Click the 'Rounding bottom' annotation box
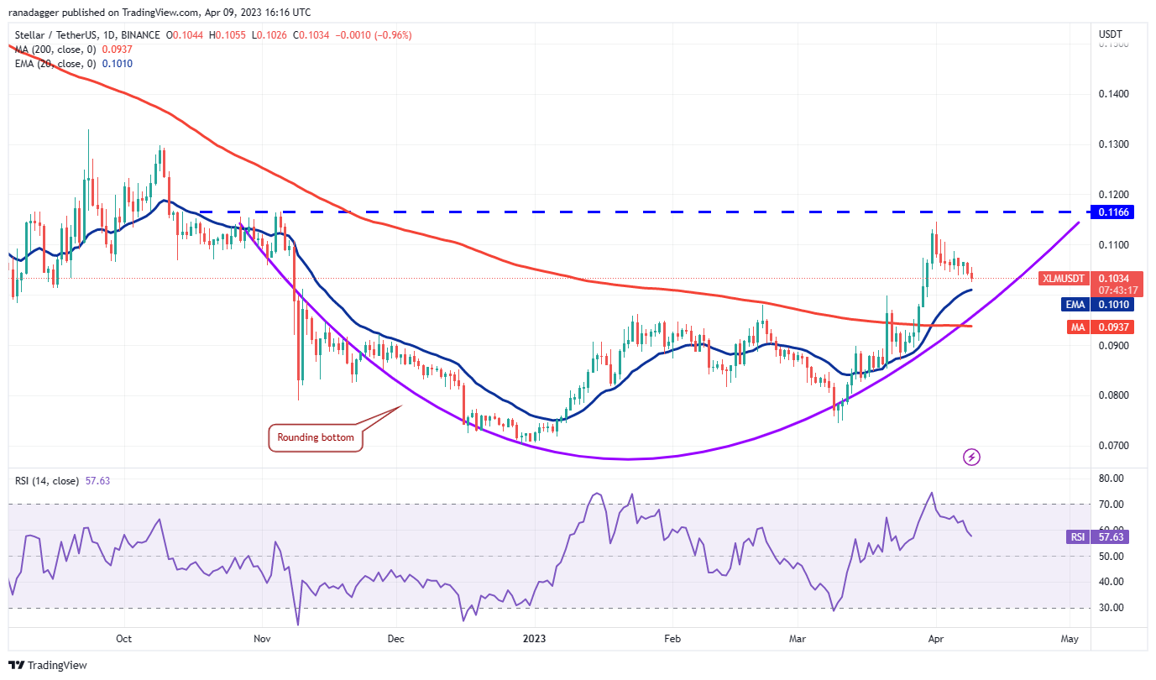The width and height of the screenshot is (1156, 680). tap(316, 437)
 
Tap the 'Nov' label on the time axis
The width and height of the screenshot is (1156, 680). tap(261, 639)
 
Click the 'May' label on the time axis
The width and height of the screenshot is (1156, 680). tap(1069, 639)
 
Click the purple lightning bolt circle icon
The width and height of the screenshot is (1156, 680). tap(971, 458)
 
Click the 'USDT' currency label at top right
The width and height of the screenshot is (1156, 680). tap(1112, 34)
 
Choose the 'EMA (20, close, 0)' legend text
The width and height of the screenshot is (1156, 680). tap(57, 64)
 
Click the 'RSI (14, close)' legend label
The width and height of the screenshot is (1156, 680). tap(47, 481)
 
